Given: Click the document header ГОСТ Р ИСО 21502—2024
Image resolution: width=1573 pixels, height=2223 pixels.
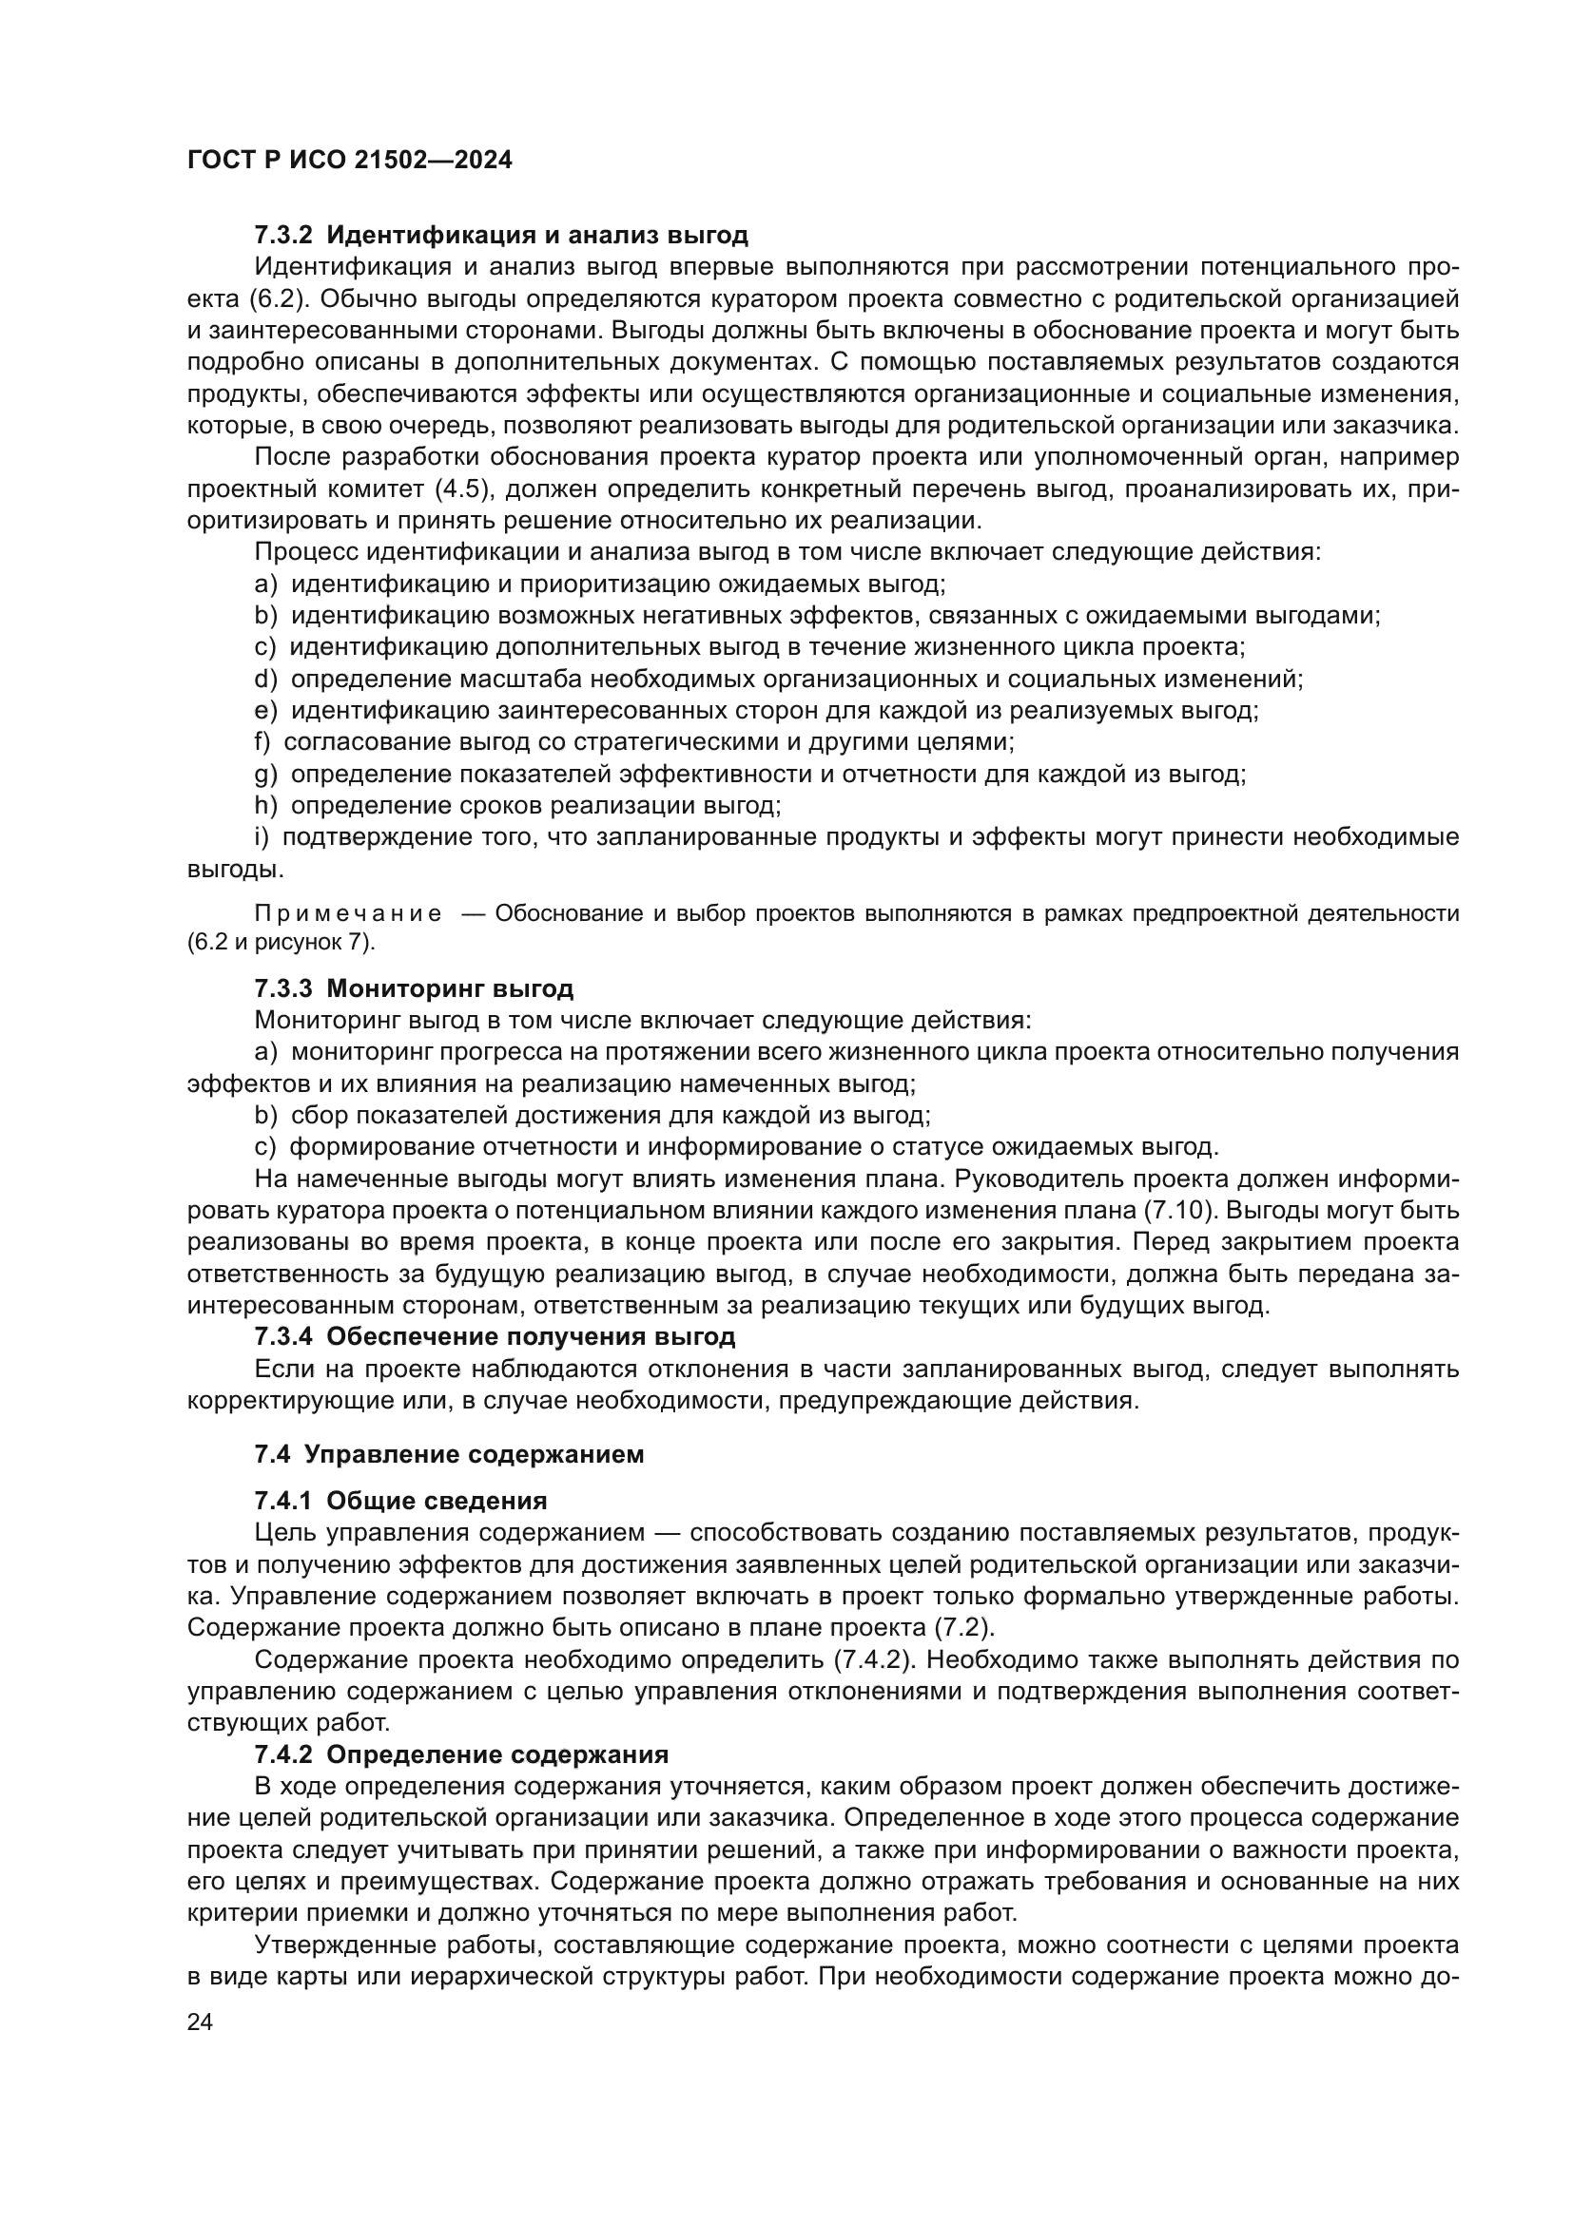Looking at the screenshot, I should point(350,161).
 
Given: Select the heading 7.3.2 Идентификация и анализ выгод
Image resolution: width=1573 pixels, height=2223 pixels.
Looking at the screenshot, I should point(501,236).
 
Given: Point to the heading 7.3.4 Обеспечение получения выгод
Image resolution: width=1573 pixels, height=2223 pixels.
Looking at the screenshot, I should point(495,1337).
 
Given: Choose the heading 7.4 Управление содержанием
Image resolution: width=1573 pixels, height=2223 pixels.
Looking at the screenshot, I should point(450,1455).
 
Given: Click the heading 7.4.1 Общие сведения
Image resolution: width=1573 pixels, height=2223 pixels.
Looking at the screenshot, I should point(400,1502).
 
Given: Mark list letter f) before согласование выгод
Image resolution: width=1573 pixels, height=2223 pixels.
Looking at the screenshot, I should point(263,742).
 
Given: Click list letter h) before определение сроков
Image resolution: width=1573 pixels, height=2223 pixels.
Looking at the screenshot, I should point(265,806).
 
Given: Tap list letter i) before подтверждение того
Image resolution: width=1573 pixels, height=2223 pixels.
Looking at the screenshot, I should point(262,837).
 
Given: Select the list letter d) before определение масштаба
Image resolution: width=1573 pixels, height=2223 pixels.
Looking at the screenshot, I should point(265,679).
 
